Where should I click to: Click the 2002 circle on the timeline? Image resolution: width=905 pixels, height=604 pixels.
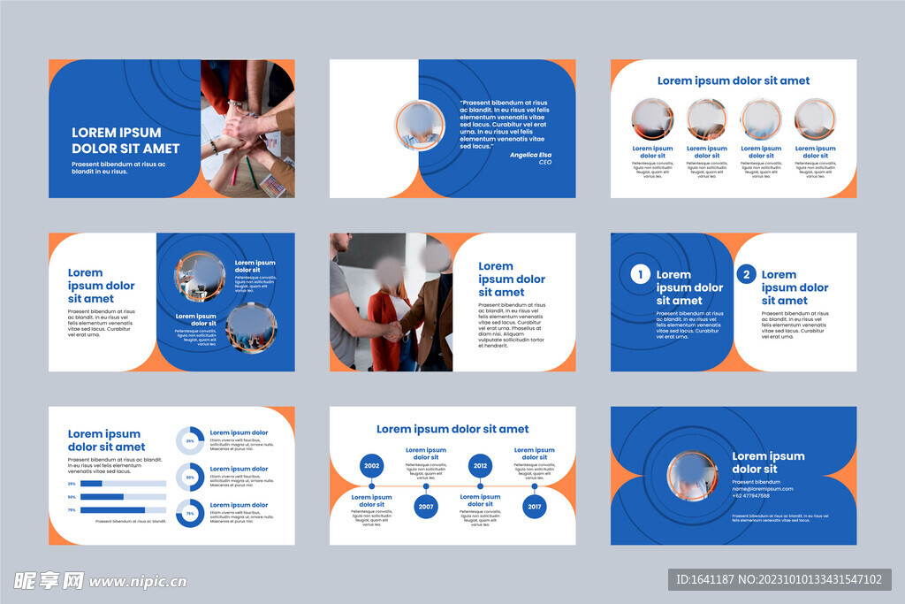click(371, 466)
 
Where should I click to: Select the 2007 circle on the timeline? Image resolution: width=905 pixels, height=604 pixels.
click(426, 508)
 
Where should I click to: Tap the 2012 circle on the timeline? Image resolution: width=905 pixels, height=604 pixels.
click(480, 466)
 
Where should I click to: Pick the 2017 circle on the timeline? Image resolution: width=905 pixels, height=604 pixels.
click(535, 508)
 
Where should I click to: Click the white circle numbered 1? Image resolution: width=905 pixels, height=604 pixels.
click(640, 274)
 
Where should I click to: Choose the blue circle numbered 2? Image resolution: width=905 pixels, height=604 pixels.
click(746, 274)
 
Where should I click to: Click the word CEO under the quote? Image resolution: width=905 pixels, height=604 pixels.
click(544, 163)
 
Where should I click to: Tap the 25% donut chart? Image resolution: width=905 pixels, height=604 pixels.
click(190, 440)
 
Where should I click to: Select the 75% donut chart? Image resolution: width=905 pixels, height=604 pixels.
click(190, 514)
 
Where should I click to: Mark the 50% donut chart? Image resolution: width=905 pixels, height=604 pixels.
click(190, 477)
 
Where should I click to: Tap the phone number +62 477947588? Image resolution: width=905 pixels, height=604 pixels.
click(751, 496)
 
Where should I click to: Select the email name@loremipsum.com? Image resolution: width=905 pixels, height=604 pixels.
click(762, 489)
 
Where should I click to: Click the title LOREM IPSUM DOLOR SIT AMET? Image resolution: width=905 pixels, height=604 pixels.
click(125, 141)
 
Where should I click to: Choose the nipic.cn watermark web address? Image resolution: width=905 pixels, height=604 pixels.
click(138, 581)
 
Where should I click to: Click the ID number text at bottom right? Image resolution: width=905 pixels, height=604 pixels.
click(779, 580)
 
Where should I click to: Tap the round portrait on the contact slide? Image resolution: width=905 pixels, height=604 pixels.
click(692, 476)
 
